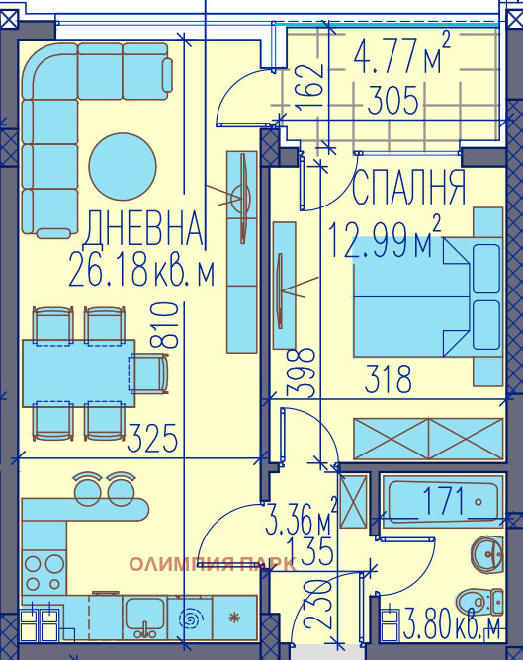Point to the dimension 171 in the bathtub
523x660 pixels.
(442, 501)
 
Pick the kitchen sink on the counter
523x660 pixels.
(143, 618)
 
